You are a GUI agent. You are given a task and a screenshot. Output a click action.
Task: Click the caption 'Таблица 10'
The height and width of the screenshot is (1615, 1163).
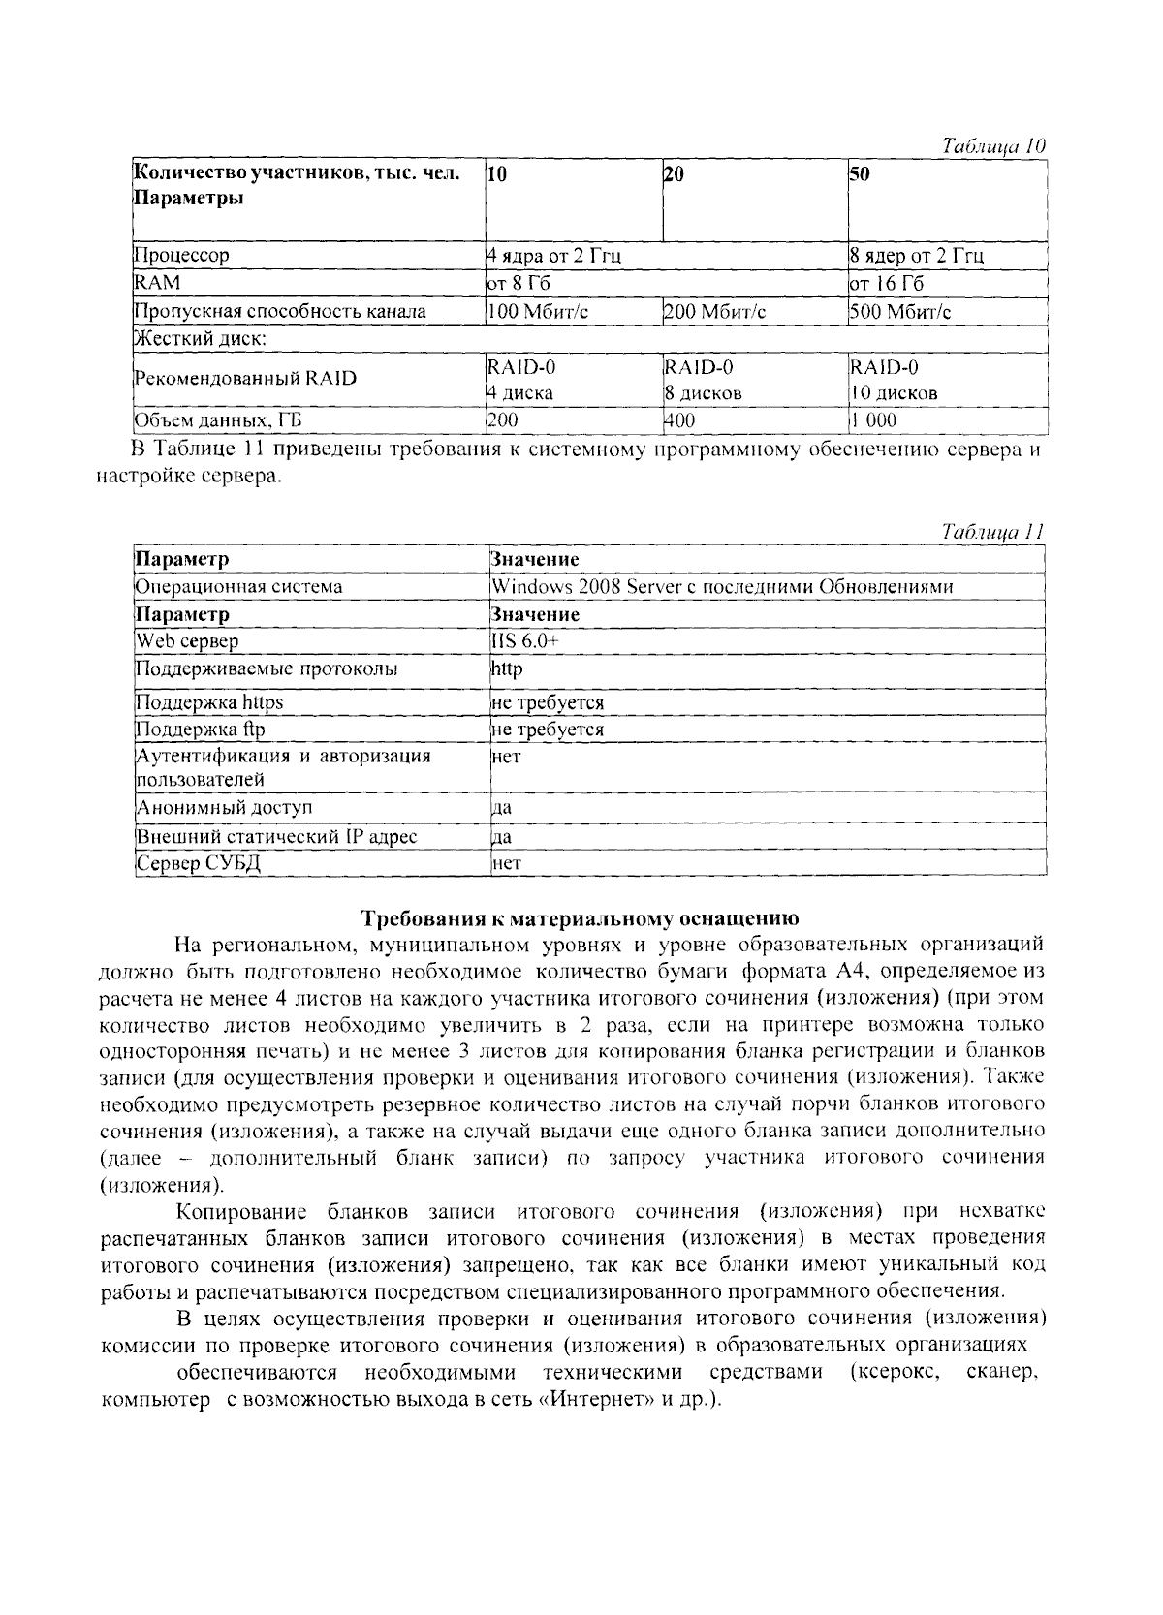point(994,147)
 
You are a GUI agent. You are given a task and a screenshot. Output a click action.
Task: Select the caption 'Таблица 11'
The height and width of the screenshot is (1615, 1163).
point(992,532)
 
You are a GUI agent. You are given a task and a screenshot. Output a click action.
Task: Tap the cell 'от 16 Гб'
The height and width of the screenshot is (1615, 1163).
point(887,284)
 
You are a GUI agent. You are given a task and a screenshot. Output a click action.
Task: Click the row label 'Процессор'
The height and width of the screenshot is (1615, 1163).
point(181,257)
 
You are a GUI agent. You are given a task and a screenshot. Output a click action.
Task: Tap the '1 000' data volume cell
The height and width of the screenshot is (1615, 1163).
point(874,420)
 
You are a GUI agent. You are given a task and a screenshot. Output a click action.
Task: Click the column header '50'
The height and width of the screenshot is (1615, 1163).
point(860,174)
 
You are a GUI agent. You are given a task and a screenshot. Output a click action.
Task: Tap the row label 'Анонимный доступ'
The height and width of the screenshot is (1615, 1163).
point(224,808)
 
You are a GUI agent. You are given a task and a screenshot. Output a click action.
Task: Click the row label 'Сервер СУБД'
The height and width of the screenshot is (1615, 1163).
point(198,863)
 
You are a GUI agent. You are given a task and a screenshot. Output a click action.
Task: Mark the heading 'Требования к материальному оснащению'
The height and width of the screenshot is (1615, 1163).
point(580,917)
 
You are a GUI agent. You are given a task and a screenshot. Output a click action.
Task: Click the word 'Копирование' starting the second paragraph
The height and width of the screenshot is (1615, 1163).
point(241,1212)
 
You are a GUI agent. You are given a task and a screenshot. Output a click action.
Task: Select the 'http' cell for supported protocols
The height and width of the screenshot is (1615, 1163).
point(507,669)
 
